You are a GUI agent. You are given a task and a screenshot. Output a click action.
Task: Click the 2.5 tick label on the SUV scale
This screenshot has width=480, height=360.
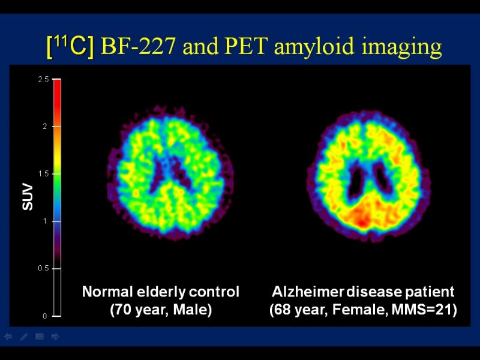(43, 80)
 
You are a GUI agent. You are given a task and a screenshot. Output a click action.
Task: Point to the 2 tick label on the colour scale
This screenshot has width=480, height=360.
(45, 127)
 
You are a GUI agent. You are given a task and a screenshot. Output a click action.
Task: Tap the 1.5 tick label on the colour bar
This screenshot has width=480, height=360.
(43, 174)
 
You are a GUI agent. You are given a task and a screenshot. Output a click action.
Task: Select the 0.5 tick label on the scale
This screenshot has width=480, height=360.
(43, 268)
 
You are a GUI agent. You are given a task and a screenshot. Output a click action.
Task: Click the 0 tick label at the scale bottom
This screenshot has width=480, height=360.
(45, 316)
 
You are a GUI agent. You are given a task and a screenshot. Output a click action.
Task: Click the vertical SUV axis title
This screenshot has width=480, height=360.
(28, 197)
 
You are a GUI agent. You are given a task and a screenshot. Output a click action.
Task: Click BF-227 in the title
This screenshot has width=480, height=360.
(138, 46)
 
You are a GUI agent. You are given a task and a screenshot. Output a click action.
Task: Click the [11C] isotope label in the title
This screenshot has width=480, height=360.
(70, 47)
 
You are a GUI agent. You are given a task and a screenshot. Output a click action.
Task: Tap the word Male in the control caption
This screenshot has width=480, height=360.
(192, 309)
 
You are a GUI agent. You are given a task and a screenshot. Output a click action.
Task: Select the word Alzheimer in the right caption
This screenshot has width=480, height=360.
(308, 292)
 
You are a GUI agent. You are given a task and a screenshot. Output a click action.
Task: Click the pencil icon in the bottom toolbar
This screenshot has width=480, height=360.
(23, 337)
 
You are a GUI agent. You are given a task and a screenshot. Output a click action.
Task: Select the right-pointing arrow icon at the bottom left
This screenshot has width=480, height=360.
(55, 337)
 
